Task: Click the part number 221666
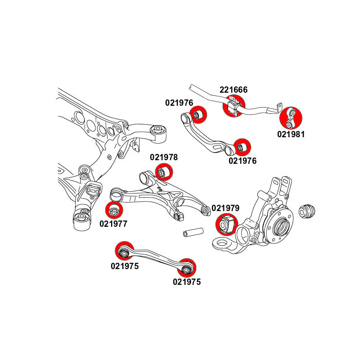tap(233, 90)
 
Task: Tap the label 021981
tap(291, 134)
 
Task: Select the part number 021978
tap(164, 157)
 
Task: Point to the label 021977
tap(113, 223)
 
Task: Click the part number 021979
tap(225, 208)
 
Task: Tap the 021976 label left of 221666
tap(179, 103)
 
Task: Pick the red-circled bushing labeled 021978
tap(163, 172)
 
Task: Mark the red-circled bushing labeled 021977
tap(114, 210)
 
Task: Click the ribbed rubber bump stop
tap(308, 211)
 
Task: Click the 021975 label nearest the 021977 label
tap(125, 266)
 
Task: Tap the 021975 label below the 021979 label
tap(187, 282)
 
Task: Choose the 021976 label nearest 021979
tap(243, 161)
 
